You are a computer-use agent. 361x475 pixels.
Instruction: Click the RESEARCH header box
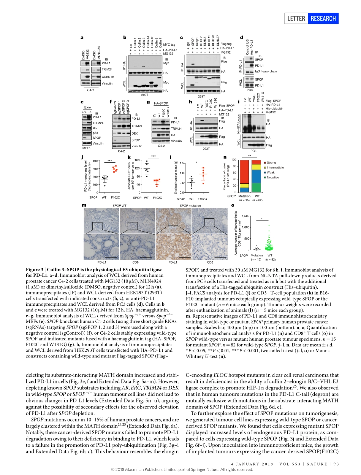click(x=323, y=18)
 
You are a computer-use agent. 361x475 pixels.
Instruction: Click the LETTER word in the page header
click(x=298, y=18)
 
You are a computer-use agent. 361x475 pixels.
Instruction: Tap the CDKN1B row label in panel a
click(x=108, y=76)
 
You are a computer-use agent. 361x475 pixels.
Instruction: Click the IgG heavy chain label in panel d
click(x=266, y=71)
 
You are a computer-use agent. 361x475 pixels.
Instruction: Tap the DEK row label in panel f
click(x=135, y=133)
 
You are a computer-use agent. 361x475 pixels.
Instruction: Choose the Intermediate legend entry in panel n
click(x=275, y=167)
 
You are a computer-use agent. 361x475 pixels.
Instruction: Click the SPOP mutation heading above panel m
click(x=190, y=205)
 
